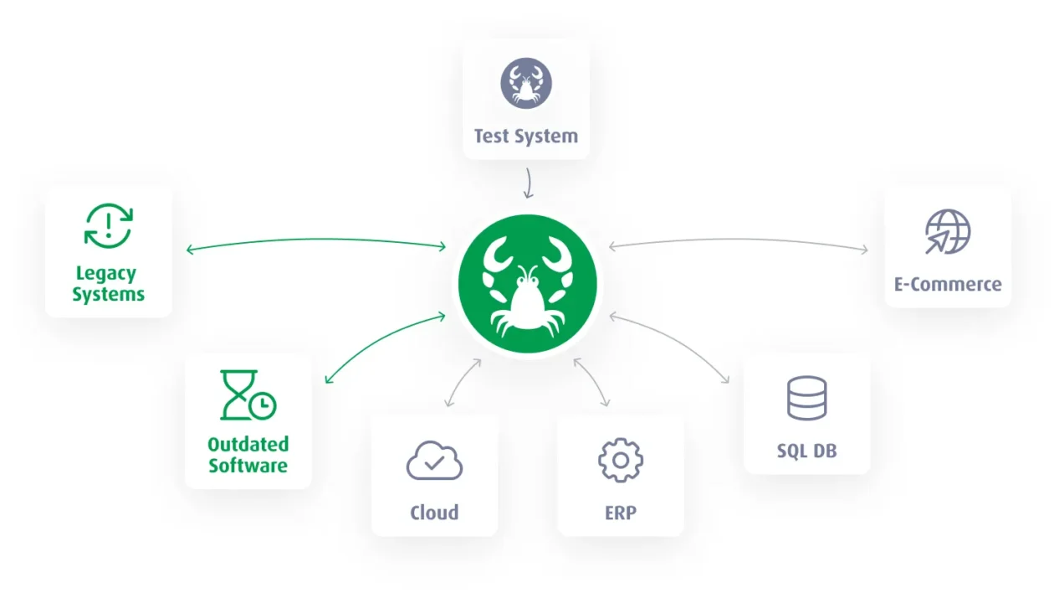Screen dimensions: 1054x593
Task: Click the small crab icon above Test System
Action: coord(526,84)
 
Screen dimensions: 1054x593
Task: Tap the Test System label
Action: coord(526,137)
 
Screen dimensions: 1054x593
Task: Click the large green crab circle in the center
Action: coord(528,284)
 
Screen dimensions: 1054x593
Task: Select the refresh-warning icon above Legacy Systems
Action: coord(109,226)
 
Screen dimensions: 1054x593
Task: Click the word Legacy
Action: coord(106,274)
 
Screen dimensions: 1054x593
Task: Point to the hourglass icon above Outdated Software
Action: coord(248,394)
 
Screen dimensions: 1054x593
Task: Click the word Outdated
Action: coord(248,444)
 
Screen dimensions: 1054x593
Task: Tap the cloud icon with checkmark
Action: coord(434,461)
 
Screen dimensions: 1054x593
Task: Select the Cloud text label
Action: coord(434,513)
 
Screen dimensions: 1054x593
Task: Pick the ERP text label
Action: coord(621,513)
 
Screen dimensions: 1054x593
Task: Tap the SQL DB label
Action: coord(807,451)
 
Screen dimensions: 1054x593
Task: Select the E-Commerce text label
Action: coord(948,284)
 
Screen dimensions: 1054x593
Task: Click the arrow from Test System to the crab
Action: coord(530,183)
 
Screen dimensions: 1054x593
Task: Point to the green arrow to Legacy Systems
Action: coord(315,240)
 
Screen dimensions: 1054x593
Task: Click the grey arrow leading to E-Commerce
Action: coord(739,240)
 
